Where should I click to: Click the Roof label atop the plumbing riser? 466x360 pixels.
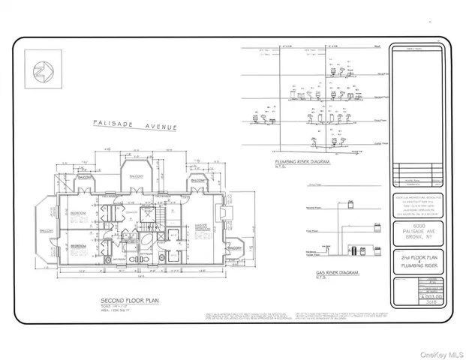point(382,52)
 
